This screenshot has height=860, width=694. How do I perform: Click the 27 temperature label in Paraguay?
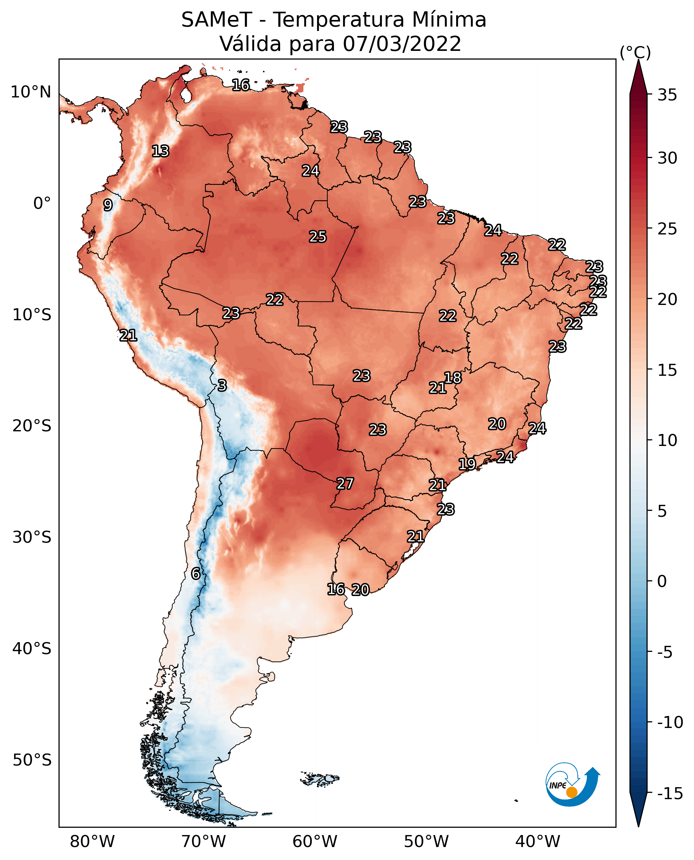tap(345, 484)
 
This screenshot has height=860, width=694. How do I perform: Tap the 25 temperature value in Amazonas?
tap(318, 236)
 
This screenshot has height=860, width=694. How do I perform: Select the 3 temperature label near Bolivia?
tap(222, 385)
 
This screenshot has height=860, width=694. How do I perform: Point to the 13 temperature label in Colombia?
tap(161, 151)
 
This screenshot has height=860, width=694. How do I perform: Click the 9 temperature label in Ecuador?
tap(108, 205)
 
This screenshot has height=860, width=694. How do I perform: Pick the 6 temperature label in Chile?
tap(196, 573)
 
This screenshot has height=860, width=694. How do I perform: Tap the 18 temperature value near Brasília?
tap(453, 377)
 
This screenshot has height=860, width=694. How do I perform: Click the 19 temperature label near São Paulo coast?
tap(467, 464)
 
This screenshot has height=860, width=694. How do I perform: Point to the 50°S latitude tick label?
tap(32, 760)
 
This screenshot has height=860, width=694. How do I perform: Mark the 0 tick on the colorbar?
tap(662, 581)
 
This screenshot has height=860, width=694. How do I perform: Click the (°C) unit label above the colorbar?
tap(635, 52)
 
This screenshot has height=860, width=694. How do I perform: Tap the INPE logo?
tap(573, 784)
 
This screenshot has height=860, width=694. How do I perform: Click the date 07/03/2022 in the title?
tap(402, 44)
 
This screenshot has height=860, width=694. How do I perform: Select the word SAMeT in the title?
tap(217, 20)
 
